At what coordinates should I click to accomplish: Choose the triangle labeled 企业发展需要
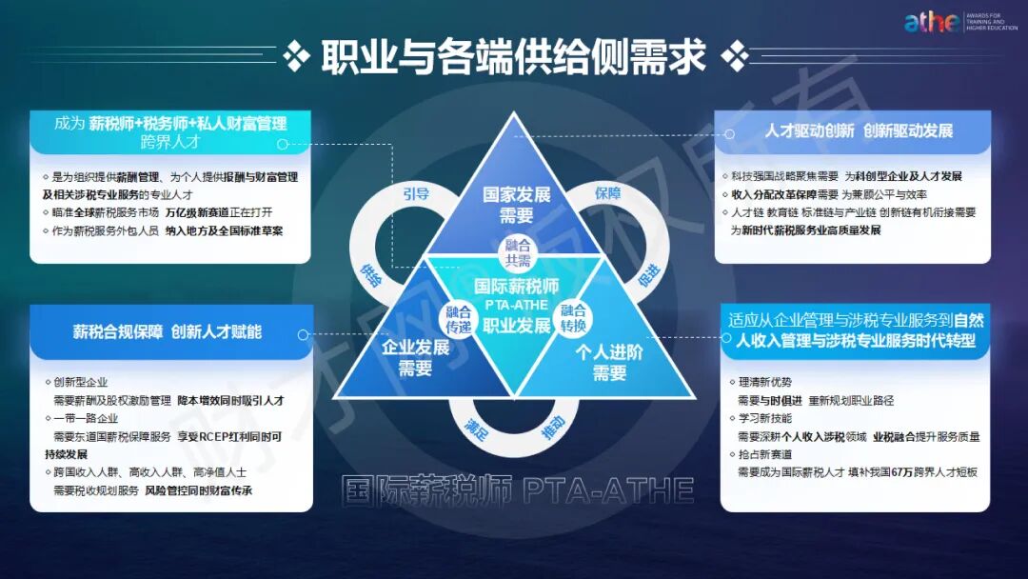415,357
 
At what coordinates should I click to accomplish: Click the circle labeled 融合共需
517,251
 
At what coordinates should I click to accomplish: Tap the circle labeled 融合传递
459,317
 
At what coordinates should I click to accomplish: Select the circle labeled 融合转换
573,317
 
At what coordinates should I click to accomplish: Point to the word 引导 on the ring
416,193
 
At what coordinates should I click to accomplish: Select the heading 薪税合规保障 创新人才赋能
167,331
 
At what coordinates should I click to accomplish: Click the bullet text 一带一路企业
90,418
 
